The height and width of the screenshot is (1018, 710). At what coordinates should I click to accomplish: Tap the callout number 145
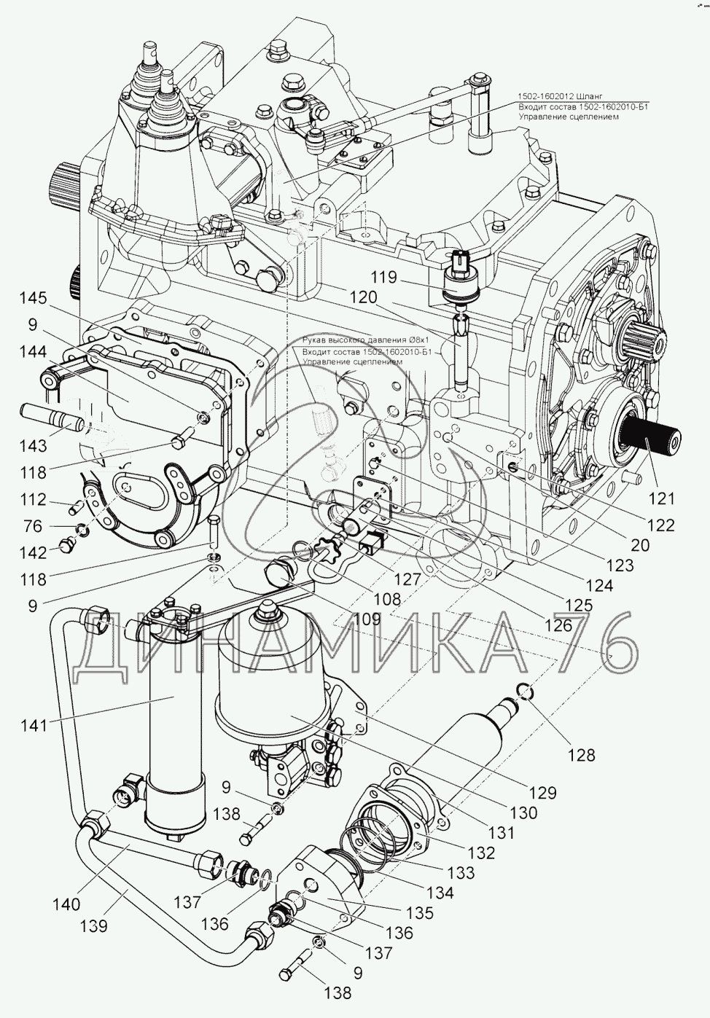[x=33, y=299]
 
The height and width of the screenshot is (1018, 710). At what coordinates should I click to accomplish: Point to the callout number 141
[x=34, y=725]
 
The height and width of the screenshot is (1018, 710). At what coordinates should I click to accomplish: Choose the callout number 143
[x=34, y=444]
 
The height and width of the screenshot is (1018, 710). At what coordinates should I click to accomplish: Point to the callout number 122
[x=659, y=525]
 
